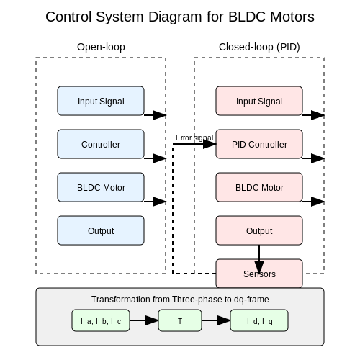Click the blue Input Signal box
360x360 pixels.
pyautogui.click(x=101, y=101)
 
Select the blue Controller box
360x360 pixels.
pyautogui.click(x=101, y=144)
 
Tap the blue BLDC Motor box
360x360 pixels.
pyautogui.click(x=101, y=187)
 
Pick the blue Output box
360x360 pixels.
pyautogui.click(x=101, y=230)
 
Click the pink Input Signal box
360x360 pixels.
pyautogui.click(x=259, y=101)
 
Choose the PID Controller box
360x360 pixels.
pyautogui.click(x=259, y=144)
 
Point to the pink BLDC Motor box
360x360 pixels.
pyautogui.click(x=259, y=187)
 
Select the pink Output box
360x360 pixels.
pyautogui.click(x=259, y=230)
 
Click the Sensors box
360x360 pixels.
pyautogui.click(x=259, y=274)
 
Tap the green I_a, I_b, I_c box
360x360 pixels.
pyautogui.click(x=101, y=320)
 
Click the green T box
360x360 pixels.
pyautogui.click(x=180, y=320)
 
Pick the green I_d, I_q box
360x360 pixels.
pyautogui.click(x=259, y=320)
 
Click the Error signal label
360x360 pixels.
pyautogui.click(x=194, y=138)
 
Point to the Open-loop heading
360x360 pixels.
pyautogui.click(x=101, y=47)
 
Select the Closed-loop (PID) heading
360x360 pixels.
pyautogui.click(x=259, y=47)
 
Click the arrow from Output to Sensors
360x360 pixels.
pyautogui.click(x=259, y=259)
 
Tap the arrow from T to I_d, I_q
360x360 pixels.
pyautogui.click(x=216, y=320)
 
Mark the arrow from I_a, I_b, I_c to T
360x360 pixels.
pyautogui.click(x=144, y=320)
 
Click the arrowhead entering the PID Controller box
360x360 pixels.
pyautogui.click(x=210, y=144)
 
